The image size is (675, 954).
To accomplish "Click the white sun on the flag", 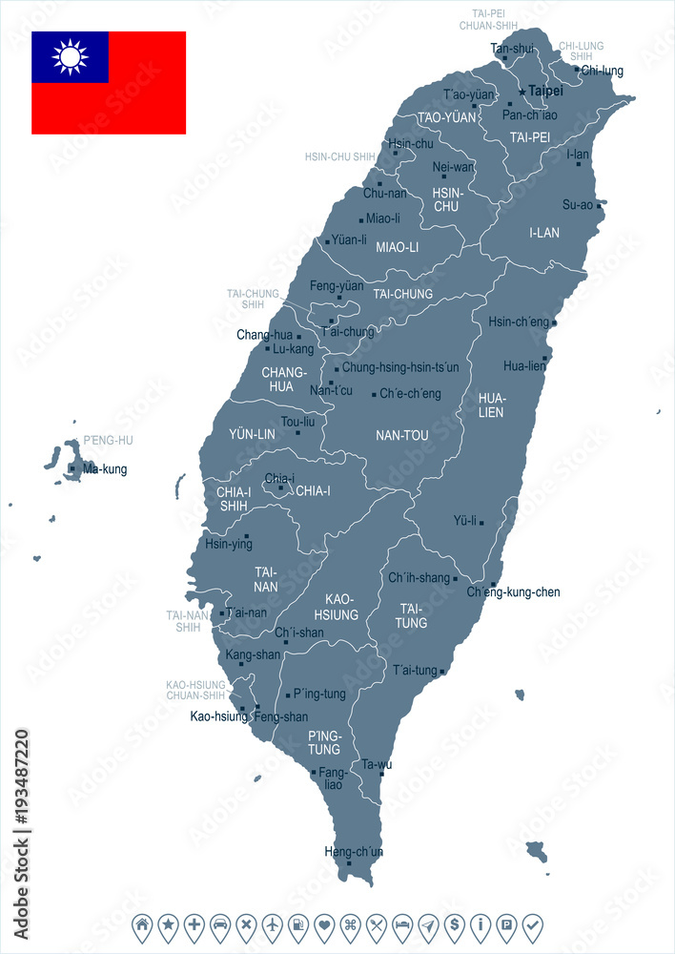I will coord(70,57).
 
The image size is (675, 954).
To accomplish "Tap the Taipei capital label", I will coord(545,91).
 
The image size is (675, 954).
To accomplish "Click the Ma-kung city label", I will coord(105,469).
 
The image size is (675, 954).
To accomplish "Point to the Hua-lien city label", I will coord(524,365).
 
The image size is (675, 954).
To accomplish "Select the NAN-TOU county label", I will coord(402,435).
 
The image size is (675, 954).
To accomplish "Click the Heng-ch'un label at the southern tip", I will coord(354,851).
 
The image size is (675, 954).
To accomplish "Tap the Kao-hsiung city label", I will coord(219,715).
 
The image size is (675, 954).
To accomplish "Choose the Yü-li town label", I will coord(464,522).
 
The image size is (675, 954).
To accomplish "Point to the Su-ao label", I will coord(578,204).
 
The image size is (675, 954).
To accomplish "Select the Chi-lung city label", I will coord(602,70).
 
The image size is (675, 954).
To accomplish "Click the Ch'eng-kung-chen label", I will coord(513,592).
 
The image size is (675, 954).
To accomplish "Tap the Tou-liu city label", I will coord(297,421).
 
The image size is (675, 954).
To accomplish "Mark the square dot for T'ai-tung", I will coord(442,672).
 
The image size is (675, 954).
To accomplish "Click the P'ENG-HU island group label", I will coord(108,440).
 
